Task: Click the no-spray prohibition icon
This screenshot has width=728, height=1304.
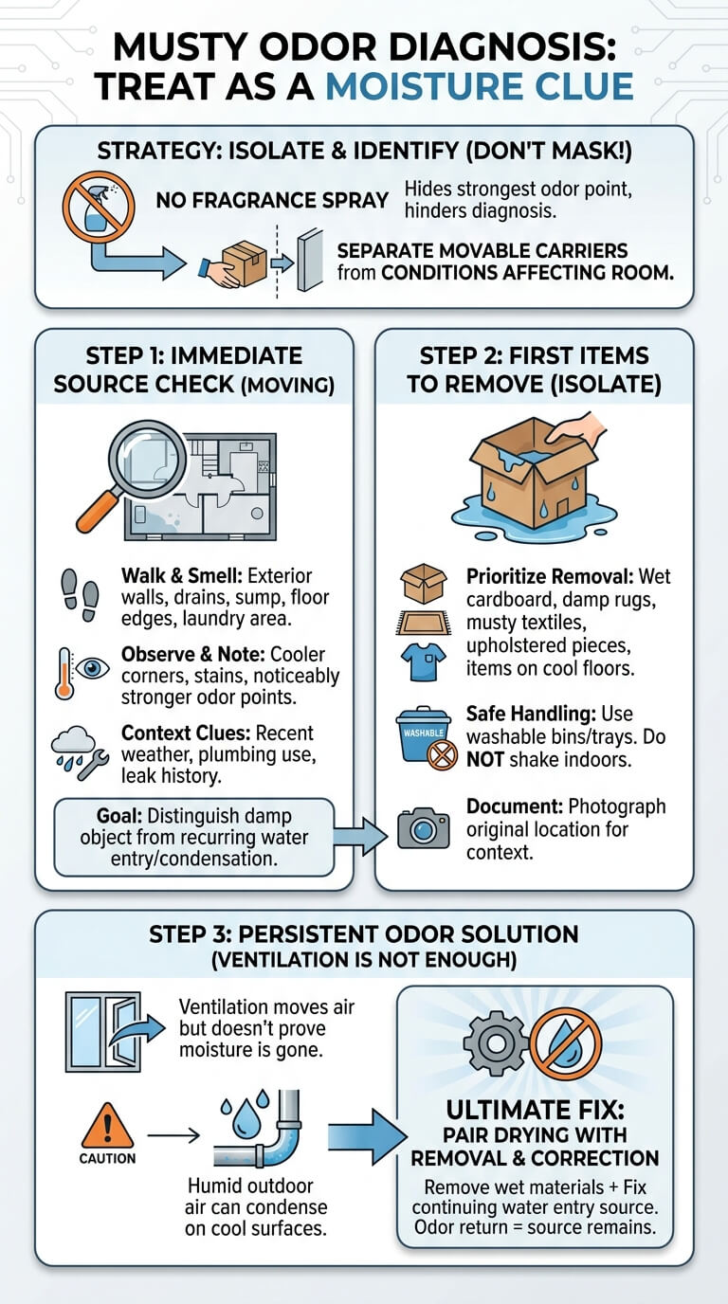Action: point(99,206)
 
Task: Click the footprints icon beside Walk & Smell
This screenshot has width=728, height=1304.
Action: point(81,595)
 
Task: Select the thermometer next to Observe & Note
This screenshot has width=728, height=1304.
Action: point(64,674)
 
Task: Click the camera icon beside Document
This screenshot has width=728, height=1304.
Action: point(424,828)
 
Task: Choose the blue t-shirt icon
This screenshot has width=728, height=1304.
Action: point(424,661)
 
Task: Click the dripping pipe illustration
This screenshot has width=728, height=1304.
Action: point(259,1129)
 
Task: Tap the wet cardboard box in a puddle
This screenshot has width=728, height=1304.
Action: point(534,480)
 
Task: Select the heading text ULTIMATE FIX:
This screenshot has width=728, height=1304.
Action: point(535,1110)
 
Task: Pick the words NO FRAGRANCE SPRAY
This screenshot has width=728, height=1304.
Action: point(272,200)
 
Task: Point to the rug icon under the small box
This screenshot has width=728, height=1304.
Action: point(424,624)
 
